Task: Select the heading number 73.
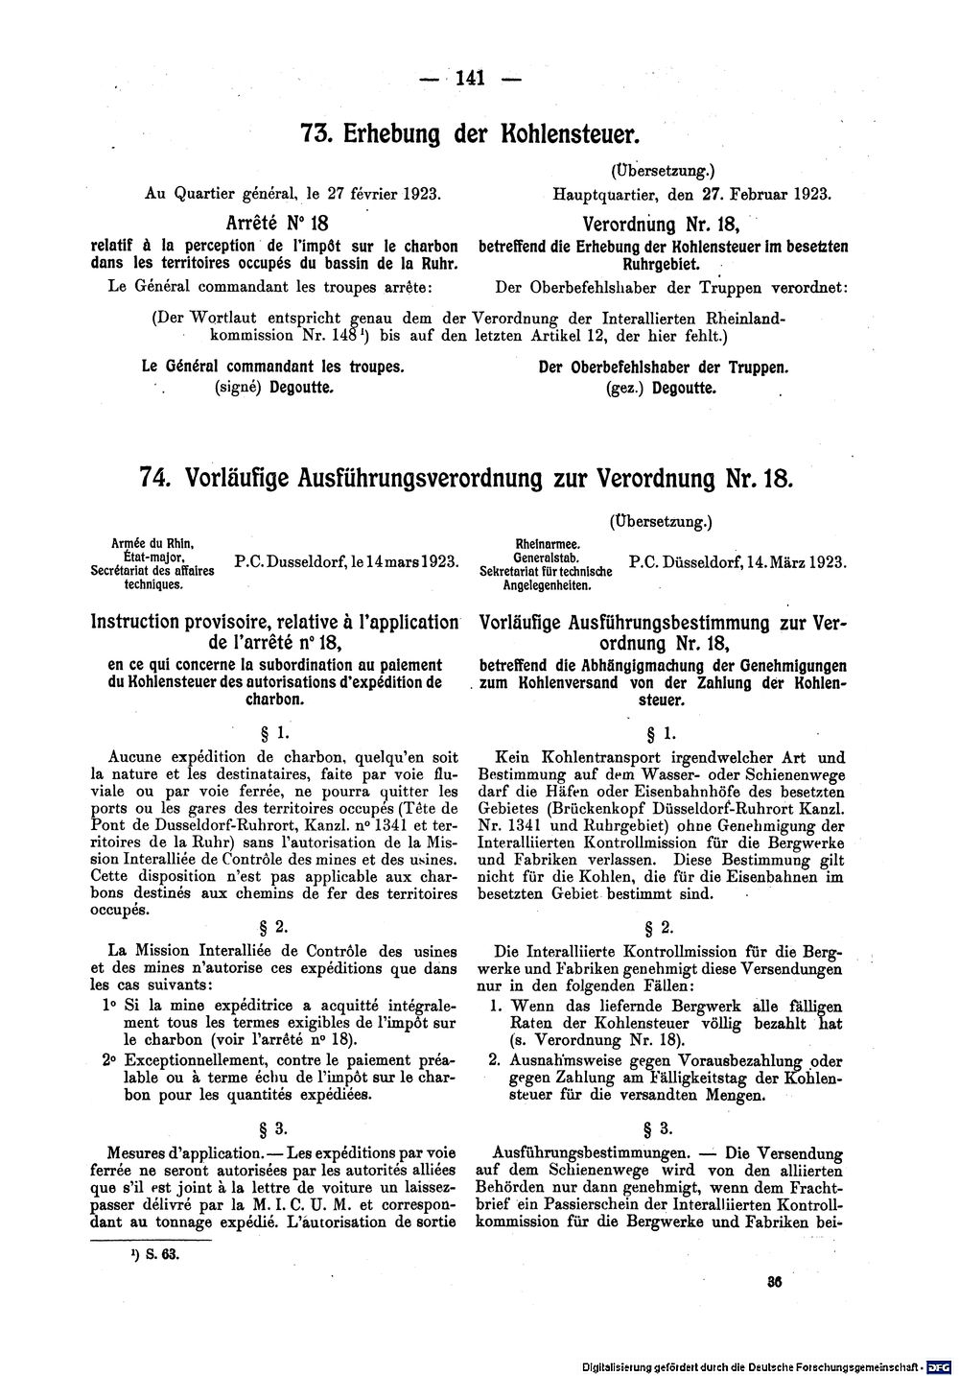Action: pos(318,134)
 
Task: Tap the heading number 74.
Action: pos(155,477)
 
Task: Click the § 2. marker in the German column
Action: pos(661,928)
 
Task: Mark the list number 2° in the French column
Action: pos(108,1060)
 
